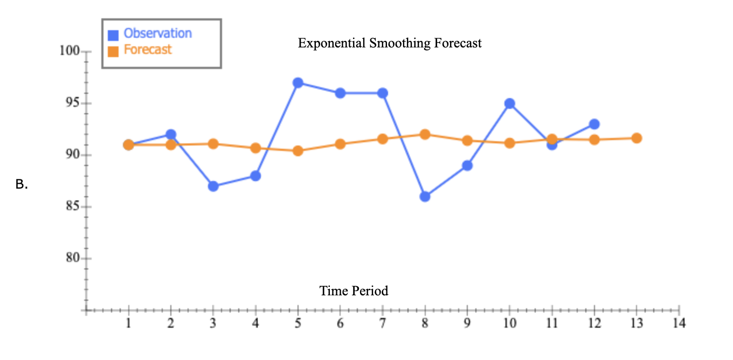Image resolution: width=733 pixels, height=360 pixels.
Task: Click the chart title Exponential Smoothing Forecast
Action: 390,43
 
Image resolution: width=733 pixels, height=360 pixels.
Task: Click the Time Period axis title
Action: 354,291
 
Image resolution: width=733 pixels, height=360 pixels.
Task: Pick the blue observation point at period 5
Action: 298,82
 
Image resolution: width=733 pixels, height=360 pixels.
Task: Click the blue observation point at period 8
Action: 425,197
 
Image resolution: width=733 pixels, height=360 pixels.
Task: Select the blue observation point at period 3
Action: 213,186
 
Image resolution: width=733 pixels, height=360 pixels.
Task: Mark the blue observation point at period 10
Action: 509,103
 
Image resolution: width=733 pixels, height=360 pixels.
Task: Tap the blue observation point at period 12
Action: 594,124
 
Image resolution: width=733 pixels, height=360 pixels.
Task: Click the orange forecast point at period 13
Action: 637,138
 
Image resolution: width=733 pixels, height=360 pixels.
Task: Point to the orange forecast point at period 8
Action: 425,134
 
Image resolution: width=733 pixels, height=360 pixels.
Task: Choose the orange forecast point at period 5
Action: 298,151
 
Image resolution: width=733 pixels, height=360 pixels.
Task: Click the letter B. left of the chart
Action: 21,185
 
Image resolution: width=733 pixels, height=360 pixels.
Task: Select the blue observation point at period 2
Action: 171,134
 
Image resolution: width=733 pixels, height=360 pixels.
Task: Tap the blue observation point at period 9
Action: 467,165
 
